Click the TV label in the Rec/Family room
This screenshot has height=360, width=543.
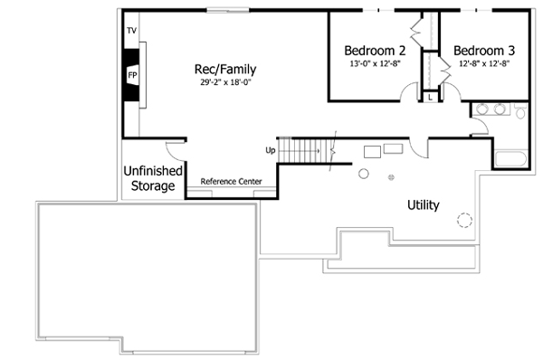point(131,30)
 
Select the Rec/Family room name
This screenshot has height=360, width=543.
point(224,69)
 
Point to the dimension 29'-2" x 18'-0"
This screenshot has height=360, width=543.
point(224,82)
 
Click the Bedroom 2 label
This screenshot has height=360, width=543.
point(374,51)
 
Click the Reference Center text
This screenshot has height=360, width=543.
point(231,182)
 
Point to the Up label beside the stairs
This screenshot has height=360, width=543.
point(270,150)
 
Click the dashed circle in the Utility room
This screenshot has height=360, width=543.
point(465,219)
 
